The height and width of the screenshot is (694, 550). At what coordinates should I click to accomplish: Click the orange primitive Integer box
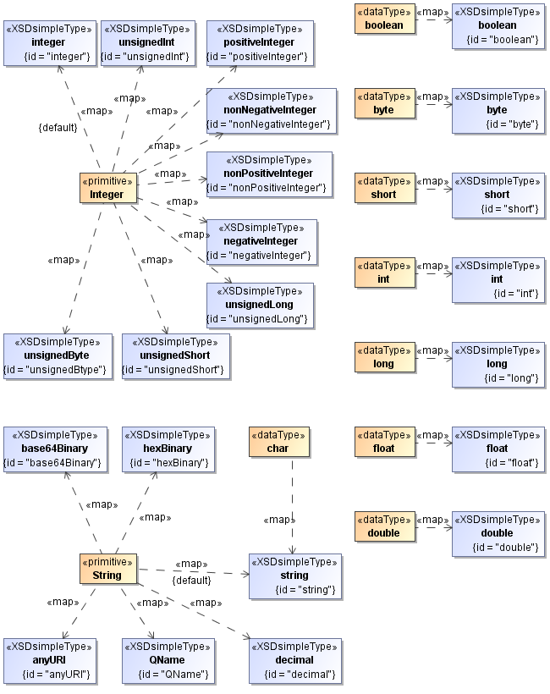click(107, 188)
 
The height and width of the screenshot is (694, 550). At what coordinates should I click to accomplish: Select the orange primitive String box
click(107, 569)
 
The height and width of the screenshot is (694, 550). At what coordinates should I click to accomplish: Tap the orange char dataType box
click(278, 442)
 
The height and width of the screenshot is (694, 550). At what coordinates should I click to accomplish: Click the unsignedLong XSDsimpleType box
click(259, 306)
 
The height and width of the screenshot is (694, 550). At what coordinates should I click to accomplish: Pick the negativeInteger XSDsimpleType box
click(261, 241)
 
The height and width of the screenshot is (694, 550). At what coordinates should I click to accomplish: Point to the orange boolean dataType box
click(385, 19)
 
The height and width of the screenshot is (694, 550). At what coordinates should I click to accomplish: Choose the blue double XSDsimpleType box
click(497, 533)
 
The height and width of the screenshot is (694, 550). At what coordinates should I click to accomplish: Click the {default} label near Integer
click(58, 128)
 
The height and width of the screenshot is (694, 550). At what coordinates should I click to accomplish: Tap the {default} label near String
click(191, 581)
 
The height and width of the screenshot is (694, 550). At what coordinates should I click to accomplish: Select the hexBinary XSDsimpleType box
click(167, 449)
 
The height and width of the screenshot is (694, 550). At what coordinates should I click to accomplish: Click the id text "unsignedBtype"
click(56, 370)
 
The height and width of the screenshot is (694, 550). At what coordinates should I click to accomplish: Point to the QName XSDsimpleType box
click(167, 660)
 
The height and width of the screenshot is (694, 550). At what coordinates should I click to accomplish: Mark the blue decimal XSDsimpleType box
click(294, 660)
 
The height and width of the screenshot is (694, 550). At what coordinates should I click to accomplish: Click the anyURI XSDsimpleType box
click(47, 660)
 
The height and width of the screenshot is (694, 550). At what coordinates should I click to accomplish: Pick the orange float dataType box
click(385, 442)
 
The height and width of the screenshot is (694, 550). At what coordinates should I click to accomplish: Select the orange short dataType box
click(385, 188)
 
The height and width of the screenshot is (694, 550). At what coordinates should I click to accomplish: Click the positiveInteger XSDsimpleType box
click(259, 42)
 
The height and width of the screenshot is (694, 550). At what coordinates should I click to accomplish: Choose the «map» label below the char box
click(280, 520)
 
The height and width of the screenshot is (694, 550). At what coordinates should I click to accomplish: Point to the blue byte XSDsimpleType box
click(497, 110)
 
